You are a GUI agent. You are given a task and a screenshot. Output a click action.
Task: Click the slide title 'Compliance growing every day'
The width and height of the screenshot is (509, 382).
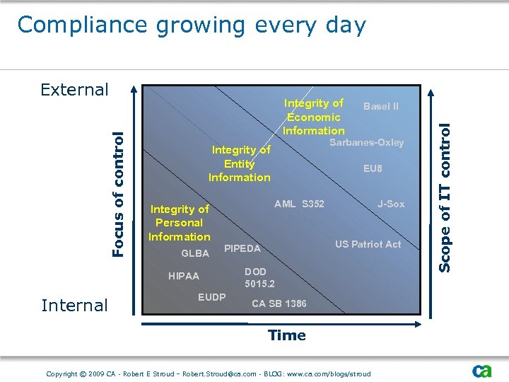click(192, 25)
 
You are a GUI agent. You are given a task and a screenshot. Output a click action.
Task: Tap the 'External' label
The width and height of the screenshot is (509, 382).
click(74, 90)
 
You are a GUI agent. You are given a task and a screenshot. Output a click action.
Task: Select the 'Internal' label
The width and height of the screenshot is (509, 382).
click(74, 306)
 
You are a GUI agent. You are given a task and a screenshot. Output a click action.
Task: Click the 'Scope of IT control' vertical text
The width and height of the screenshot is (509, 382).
click(445, 197)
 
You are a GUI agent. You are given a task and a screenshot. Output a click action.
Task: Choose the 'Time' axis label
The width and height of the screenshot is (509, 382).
click(287, 335)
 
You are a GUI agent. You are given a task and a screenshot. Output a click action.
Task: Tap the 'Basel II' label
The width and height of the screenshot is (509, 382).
click(380, 106)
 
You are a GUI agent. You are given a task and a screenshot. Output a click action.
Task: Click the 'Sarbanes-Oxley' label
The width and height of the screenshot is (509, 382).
click(367, 142)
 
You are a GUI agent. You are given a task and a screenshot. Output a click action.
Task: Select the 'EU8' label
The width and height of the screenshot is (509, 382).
click(373, 168)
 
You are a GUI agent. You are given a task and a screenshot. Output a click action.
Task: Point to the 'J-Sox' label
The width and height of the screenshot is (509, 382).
click(391, 204)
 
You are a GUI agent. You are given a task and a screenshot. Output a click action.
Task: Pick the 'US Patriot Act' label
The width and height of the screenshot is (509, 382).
click(368, 244)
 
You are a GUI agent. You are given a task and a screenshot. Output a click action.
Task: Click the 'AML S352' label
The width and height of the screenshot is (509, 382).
click(299, 204)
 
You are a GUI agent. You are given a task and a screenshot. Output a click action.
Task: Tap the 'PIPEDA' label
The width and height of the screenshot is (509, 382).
click(242, 248)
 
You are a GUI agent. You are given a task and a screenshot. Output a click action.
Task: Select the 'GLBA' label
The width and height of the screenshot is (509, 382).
click(195, 253)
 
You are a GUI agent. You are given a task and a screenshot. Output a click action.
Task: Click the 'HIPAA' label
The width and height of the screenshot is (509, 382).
click(184, 277)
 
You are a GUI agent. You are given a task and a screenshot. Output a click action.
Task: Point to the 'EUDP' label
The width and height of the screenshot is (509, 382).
click(211, 297)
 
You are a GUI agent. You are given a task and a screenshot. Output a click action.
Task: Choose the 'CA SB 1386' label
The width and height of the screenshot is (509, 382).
click(279, 303)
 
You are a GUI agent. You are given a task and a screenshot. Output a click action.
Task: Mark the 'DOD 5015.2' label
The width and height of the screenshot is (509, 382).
click(259, 278)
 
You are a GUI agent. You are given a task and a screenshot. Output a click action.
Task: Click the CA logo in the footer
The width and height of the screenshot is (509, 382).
click(482, 371)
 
